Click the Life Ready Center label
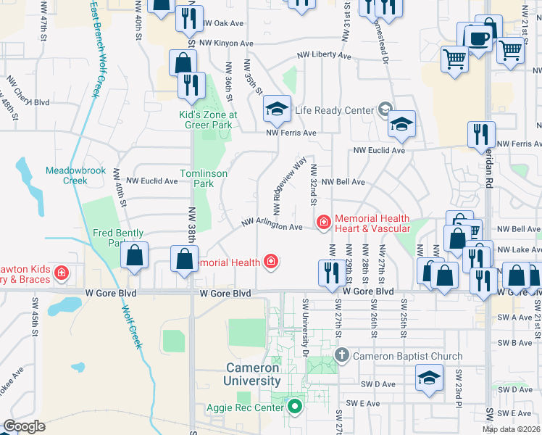click(x=334, y=111)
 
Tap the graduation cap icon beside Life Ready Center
click(x=276, y=109)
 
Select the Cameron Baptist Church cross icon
click(x=343, y=356)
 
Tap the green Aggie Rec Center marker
click(x=294, y=407)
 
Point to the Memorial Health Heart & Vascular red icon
click(x=323, y=223)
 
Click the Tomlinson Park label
click(x=204, y=178)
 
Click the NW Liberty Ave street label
click(x=322, y=56)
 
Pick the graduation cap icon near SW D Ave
click(x=430, y=378)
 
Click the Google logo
click(x=25, y=426)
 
